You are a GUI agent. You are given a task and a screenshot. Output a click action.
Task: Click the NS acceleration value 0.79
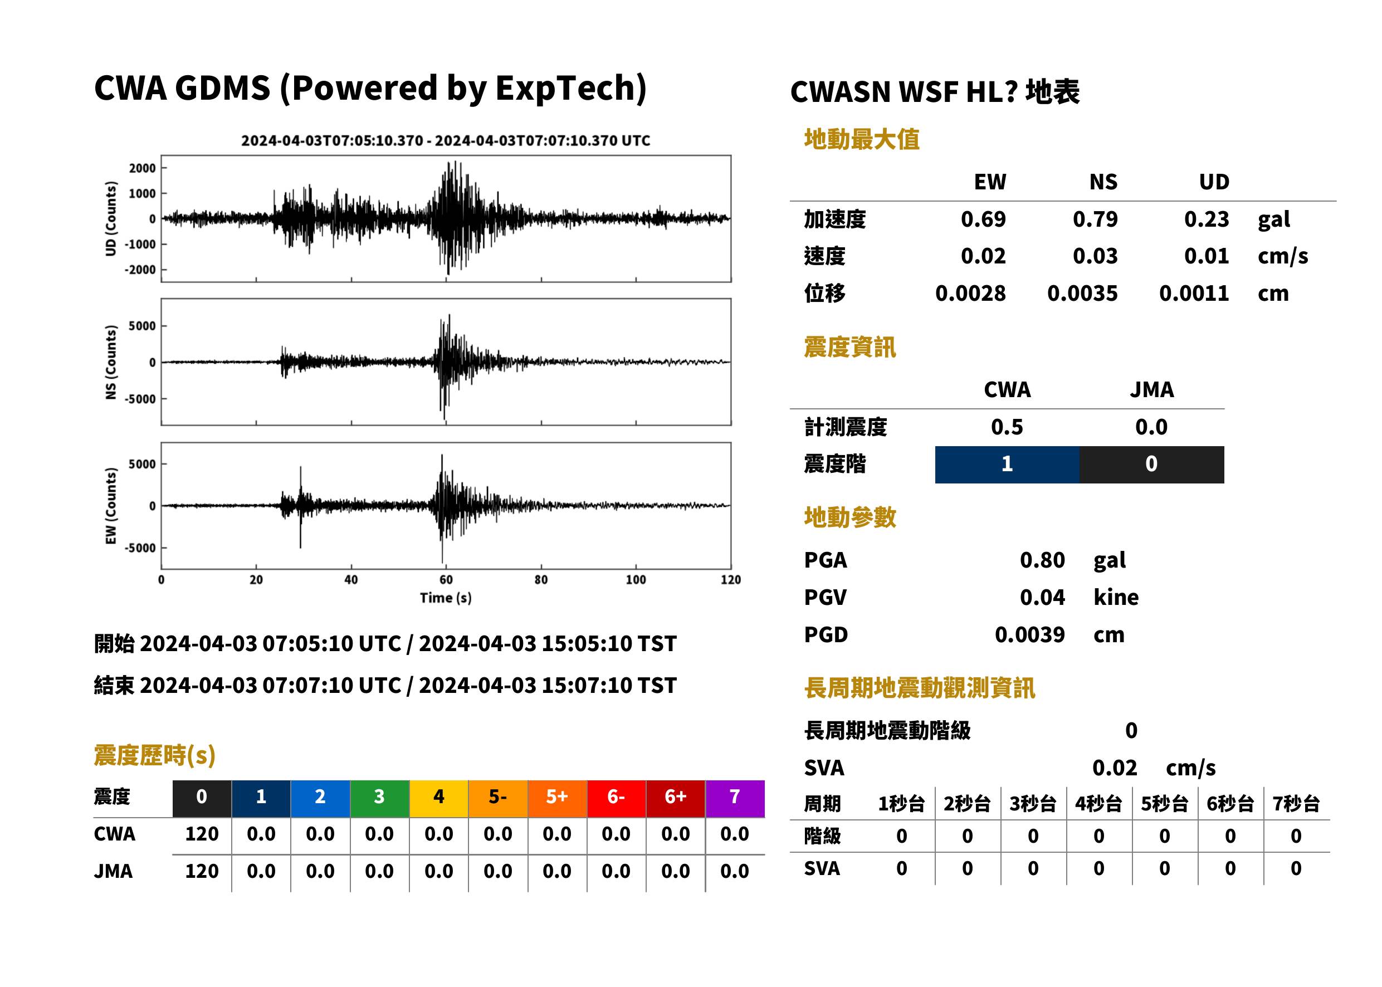pyautogui.click(x=1095, y=219)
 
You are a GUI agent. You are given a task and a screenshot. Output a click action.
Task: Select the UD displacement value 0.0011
pyautogui.click(x=1194, y=293)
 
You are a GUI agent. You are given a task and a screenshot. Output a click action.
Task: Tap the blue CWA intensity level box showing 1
pyautogui.click(x=1007, y=465)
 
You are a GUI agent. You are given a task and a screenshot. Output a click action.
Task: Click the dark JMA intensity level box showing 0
pyautogui.click(x=1152, y=465)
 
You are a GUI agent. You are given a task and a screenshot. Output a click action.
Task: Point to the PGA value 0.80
pyautogui.click(x=1042, y=560)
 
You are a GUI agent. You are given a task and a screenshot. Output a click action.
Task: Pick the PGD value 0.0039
pyautogui.click(x=1029, y=634)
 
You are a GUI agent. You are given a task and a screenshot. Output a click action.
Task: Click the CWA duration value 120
pyautogui.click(x=202, y=834)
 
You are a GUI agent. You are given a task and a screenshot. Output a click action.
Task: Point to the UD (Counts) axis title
pyautogui.click(x=111, y=219)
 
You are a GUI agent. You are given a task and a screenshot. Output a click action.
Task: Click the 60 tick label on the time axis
pyautogui.click(x=446, y=580)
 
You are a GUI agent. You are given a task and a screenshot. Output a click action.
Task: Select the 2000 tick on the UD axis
pyautogui.click(x=142, y=168)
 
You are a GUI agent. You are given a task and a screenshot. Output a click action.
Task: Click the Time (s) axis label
pyautogui.click(x=446, y=598)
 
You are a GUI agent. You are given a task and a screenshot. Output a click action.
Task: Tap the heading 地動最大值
pyautogui.click(x=862, y=139)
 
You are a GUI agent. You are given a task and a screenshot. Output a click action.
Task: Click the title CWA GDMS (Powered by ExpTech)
pyautogui.click(x=370, y=88)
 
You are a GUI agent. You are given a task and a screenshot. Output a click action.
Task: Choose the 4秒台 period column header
pyautogui.click(x=1098, y=804)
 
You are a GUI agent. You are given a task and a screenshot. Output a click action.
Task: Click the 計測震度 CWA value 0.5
pyautogui.click(x=1007, y=427)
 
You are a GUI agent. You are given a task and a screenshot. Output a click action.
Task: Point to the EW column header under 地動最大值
pyautogui.click(x=990, y=182)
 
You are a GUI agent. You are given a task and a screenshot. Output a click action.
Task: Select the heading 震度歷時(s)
pyautogui.click(x=155, y=755)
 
